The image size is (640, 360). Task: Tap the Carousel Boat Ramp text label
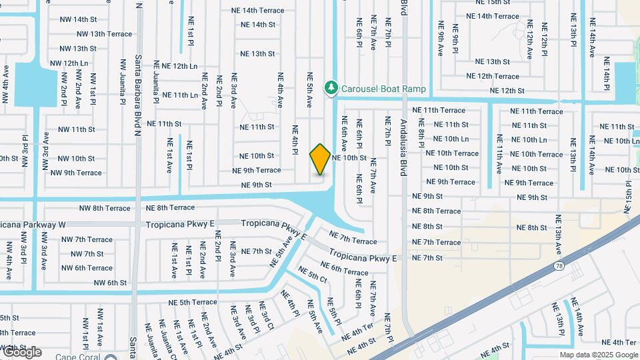click(383, 88)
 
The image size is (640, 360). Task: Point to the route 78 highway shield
click(557, 266)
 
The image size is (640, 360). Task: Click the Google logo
click(21, 352)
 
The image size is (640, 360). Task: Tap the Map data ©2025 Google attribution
click(598, 355)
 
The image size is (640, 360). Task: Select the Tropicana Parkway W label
click(31, 225)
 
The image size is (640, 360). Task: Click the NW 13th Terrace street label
click(104, 33)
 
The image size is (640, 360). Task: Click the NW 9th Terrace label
click(76, 173)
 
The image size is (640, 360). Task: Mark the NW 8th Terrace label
click(105, 208)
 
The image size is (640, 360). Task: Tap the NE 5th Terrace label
click(193, 302)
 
